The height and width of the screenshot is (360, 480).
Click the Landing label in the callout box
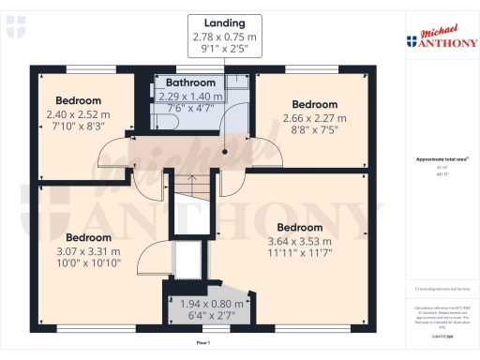click(224, 22)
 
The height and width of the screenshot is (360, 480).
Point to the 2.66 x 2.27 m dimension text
click(313, 117)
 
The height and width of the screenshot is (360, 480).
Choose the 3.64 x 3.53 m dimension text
click(299, 240)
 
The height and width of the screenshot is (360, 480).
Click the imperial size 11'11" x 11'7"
click(299, 252)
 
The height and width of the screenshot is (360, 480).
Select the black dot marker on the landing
click(225, 149)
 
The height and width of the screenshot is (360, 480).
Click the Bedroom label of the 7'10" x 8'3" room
click(78, 100)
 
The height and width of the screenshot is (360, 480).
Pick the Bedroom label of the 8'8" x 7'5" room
click(313, 104)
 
